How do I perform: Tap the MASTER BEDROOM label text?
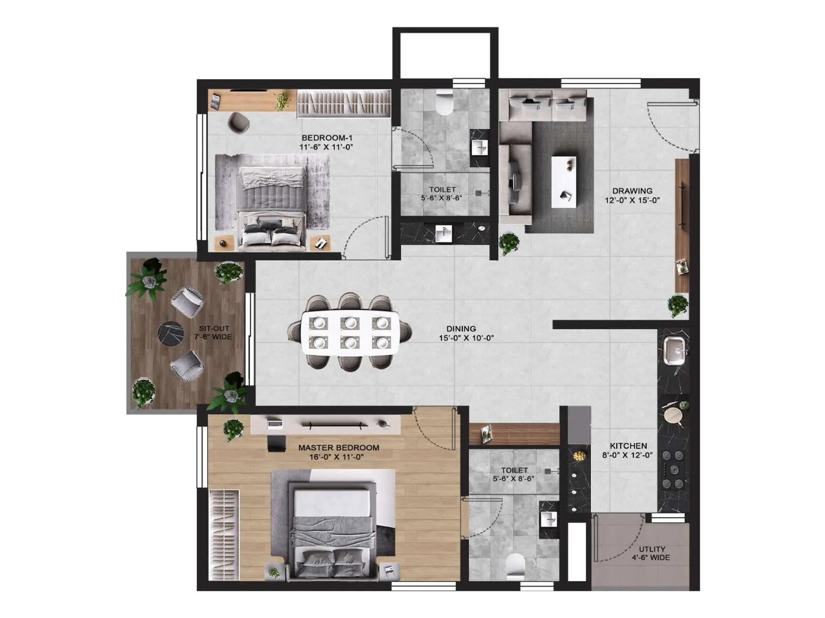coord(338,448)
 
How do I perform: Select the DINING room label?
coord(461,329)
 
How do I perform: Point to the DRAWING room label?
coord(632,191)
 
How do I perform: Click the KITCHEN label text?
coord(628,446)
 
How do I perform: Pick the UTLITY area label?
coord(652,549)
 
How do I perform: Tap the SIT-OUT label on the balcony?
coord(214,329)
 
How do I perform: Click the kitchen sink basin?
coord(674,350)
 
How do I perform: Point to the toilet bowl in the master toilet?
coord(515,565)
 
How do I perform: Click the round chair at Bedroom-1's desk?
coord(238,122)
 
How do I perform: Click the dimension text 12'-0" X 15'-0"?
coord(632,200)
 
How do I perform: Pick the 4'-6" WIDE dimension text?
coord(651,557)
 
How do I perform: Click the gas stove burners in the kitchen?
coord(673,469)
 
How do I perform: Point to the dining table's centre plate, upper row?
coord(350,323)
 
